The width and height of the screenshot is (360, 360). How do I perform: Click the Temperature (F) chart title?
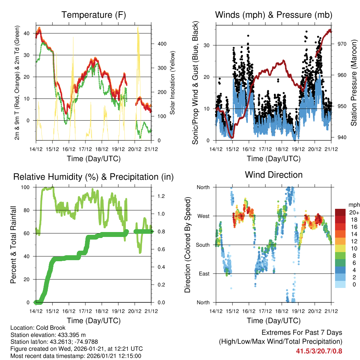tap(94, 15)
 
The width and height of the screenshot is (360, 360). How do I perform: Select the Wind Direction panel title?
tap(274, 174)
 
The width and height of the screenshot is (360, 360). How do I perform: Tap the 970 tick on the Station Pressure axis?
tap(342, 44)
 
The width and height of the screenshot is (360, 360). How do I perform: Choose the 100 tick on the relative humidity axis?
tap(28, 187)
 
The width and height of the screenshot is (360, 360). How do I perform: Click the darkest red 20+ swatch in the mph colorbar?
tap(340, 212)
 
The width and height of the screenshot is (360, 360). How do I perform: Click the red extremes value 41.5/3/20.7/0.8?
tap(319, 351)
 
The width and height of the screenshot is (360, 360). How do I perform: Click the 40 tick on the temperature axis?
tap(29, 33)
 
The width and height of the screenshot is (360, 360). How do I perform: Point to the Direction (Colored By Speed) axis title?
tap(187, 245)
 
